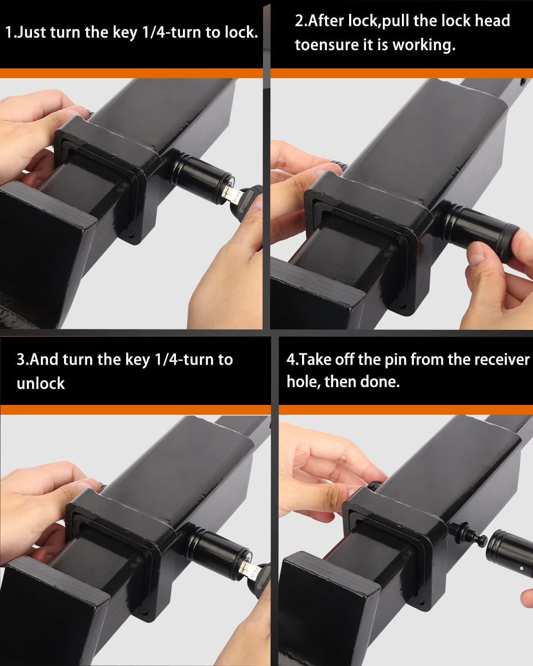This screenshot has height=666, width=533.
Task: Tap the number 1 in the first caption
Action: [x=9, y=33]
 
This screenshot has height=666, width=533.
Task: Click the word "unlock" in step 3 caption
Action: [x=41, y=383]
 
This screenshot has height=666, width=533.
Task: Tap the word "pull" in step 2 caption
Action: [x=397, y=21]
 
